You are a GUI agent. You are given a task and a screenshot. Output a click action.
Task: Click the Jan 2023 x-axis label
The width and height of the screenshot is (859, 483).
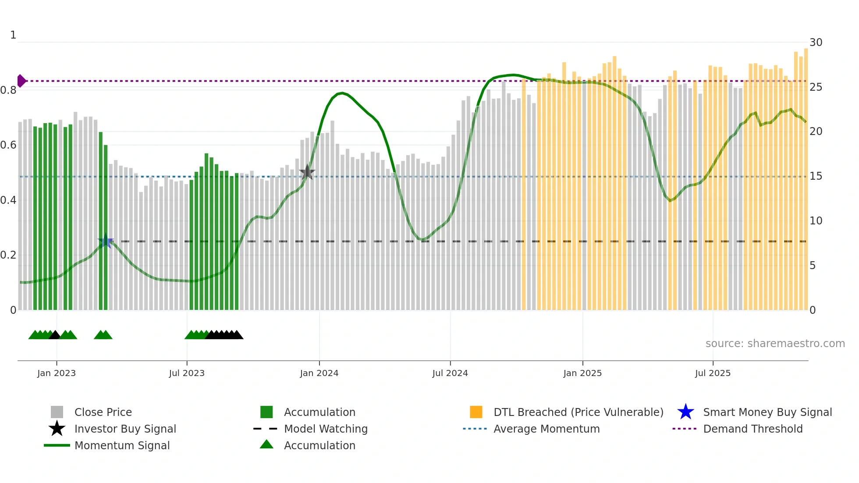tap(57, 373)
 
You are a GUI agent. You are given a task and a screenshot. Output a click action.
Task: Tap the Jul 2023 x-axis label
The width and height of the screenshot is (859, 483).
tap(187, 373)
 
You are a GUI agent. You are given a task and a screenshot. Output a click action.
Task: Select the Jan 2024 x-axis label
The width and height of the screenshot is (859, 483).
tap(319, 373)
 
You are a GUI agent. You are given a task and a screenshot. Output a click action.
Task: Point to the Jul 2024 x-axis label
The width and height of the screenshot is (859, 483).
tap(450, 373)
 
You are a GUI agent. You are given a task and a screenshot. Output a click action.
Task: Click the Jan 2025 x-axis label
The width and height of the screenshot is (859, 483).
tap(582, 373)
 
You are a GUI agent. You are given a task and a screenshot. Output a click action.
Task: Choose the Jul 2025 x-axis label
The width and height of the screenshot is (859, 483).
tap(713, 373)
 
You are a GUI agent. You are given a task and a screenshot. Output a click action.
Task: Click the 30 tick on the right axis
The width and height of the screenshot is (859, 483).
tap(816, 43)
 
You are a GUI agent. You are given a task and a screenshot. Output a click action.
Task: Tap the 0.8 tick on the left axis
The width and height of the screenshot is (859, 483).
tap(9, 90)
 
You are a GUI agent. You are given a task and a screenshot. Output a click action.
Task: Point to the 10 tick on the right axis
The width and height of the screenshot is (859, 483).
tap(816, 221)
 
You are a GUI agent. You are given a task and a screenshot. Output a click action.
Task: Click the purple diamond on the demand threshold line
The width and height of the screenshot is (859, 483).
tap(21, 81)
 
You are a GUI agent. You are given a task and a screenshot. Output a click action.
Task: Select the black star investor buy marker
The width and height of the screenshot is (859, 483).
tap(307, 172)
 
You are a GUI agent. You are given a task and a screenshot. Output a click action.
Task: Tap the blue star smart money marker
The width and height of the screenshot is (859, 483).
tap(106, 241)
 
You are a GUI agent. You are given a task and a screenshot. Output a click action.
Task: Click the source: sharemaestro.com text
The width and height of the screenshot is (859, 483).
tap(775, 344)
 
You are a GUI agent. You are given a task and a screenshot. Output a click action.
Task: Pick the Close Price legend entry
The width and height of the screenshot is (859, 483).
tap(103, 412)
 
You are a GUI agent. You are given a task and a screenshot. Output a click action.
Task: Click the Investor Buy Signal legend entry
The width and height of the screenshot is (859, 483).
tap(125, 429)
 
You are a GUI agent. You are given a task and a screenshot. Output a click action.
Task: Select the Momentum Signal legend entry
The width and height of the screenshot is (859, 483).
tap(122, 445)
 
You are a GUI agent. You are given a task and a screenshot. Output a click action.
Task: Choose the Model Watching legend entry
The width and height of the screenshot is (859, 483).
tap(326, 429)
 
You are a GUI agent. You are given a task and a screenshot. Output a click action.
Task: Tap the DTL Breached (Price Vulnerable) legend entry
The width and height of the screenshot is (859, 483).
tap(578, 412)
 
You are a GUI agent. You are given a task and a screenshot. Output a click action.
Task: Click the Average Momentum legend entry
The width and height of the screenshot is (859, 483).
tap(547, 429)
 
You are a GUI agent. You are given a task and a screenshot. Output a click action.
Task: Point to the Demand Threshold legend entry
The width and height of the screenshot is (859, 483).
tap(753, 429)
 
